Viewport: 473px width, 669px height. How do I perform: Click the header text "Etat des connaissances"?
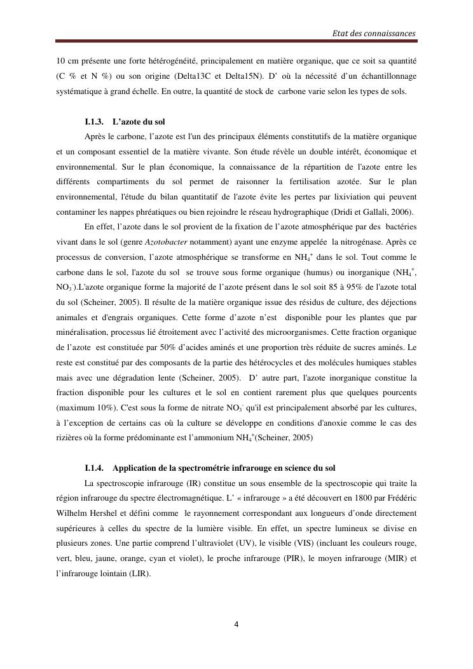[374, 33]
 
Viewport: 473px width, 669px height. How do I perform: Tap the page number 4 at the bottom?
[236, 625]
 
